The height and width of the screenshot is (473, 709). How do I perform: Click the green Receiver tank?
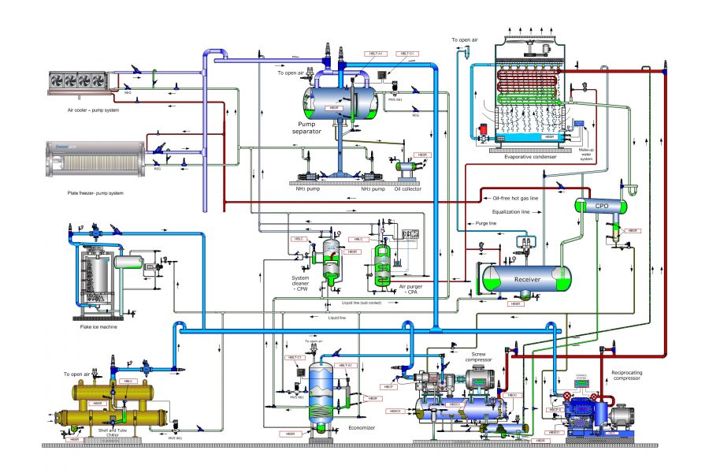coord(526,278)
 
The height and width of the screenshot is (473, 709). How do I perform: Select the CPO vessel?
coord(601,206)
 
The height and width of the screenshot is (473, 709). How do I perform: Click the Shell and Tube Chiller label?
coord(108,432)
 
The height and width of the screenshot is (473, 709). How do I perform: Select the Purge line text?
coord(486,223)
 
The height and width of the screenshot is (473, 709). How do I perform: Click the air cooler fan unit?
coord(77,80)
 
